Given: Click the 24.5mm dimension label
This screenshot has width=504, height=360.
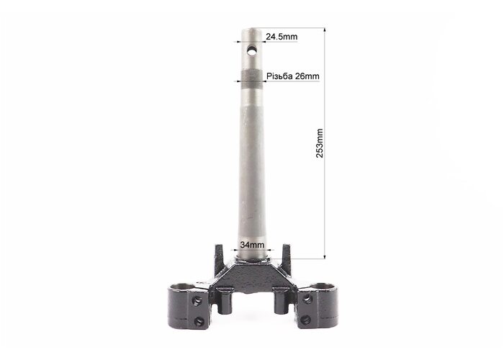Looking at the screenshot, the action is click(x=282, y=37).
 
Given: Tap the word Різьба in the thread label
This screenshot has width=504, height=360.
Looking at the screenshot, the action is click(x=279, y=76).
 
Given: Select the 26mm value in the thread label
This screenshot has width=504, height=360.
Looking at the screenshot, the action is click(x=307, y=76).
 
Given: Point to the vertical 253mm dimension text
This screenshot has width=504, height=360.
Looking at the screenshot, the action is click(x=320, y=143).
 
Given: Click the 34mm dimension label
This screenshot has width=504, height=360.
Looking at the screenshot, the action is click(x=252, y=245).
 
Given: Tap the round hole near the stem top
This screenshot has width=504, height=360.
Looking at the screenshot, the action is click(x=252, y=50).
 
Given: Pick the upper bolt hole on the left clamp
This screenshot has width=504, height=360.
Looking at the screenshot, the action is click(x=197, y=301).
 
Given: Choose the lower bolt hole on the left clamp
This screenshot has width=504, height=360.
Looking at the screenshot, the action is click(x=199, y=321).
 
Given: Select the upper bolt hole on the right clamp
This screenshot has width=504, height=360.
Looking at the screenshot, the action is click(x=307, y=299).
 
